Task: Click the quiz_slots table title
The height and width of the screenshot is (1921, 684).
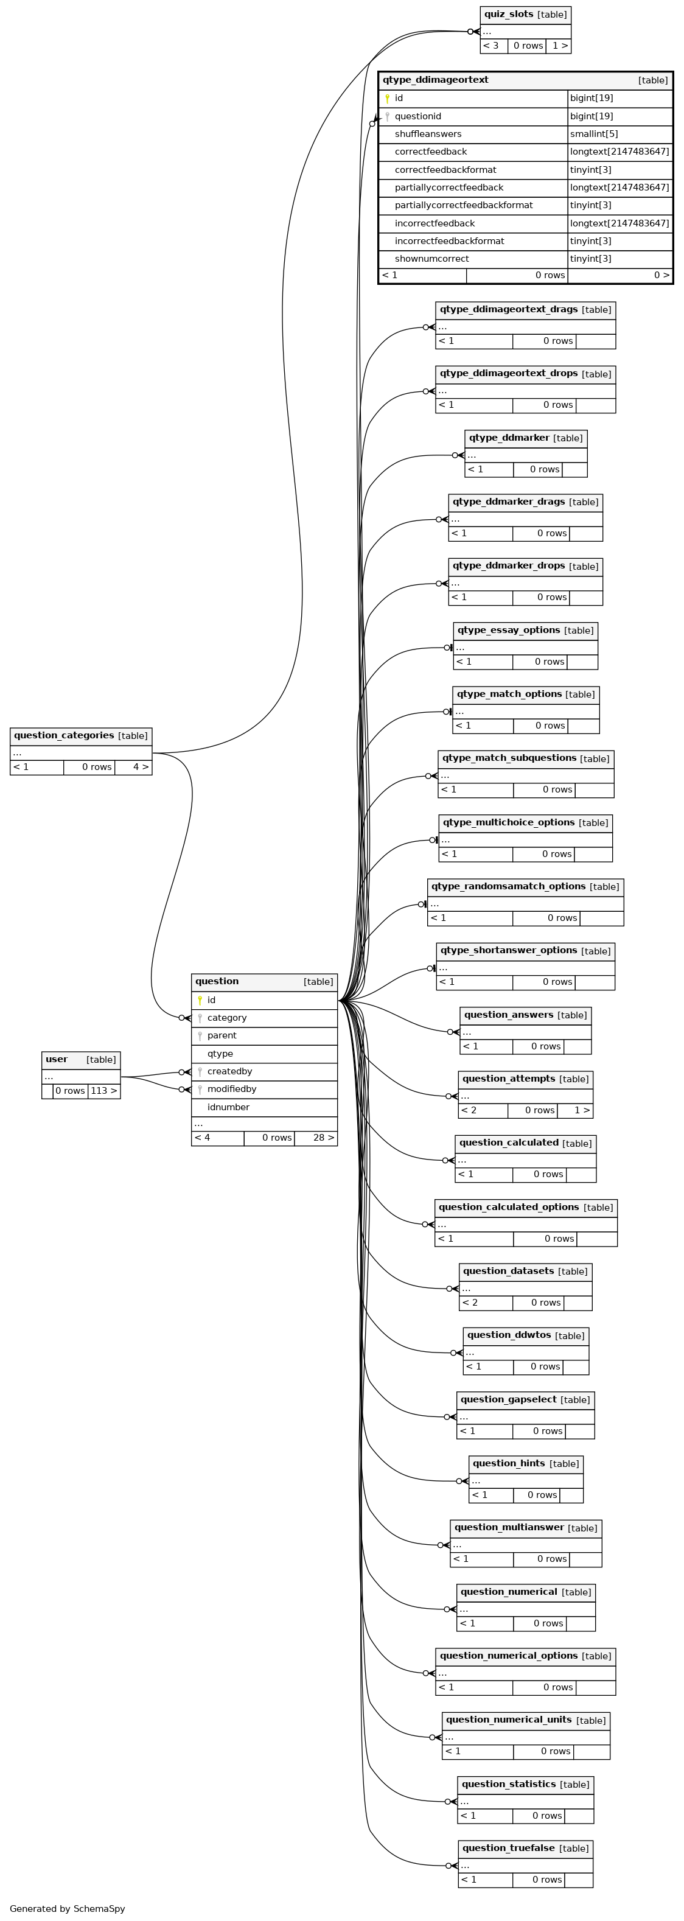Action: [509, 14]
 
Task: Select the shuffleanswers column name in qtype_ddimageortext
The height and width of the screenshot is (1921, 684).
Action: [428, 135]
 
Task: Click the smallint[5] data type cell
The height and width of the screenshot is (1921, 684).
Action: [594, 135]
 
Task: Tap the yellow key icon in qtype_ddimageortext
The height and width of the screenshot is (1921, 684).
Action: [387, 99]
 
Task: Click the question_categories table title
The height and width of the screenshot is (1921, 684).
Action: [64, 735]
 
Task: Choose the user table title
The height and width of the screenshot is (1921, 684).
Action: [57, 1059]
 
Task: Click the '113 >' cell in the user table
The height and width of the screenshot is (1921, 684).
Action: [103, 1091]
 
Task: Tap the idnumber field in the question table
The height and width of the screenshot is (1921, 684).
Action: [228, 1107]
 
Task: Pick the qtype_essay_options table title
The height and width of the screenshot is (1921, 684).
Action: [509, 630]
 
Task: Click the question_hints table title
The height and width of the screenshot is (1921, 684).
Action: [509, 1463]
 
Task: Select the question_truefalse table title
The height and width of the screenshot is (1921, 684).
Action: [509, 1848]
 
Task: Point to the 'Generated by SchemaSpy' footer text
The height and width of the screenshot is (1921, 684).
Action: [67, 1909]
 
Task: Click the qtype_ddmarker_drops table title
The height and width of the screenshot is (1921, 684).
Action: [509, 566]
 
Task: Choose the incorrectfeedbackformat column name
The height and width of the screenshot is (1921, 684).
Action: [449, 241]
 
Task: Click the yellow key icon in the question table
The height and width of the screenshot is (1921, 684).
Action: [200, 1000]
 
